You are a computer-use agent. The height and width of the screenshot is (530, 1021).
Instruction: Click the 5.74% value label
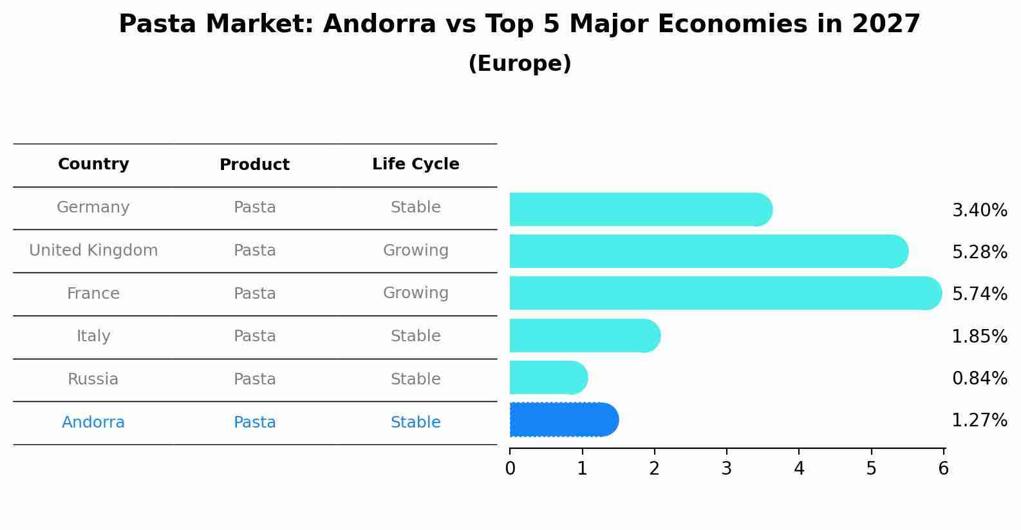tap(979, 294)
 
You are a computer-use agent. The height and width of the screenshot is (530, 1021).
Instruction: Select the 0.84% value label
tap(979, 379)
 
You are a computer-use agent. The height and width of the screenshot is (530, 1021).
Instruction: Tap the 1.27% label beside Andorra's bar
tap(979, 421)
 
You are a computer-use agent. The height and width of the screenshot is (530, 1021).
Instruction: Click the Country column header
tap(93, 164)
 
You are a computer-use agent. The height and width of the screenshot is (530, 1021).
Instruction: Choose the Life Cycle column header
tap(415, 164)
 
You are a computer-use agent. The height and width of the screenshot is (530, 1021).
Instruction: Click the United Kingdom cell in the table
tap(93, 251)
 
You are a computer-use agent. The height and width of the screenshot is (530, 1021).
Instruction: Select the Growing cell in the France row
tap(415, 293)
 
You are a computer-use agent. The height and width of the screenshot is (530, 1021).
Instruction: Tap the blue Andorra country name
tap(93, 422)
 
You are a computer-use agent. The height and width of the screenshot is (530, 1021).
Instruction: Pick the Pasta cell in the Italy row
tap(254, 336)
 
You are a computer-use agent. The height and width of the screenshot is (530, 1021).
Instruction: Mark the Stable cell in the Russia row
tap(415, 379)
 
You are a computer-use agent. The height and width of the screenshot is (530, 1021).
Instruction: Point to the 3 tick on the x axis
tap(727, 468)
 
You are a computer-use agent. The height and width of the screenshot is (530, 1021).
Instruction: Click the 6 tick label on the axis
tap(943, 468)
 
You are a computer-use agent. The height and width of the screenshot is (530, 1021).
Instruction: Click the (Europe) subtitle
tap(520, 64)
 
